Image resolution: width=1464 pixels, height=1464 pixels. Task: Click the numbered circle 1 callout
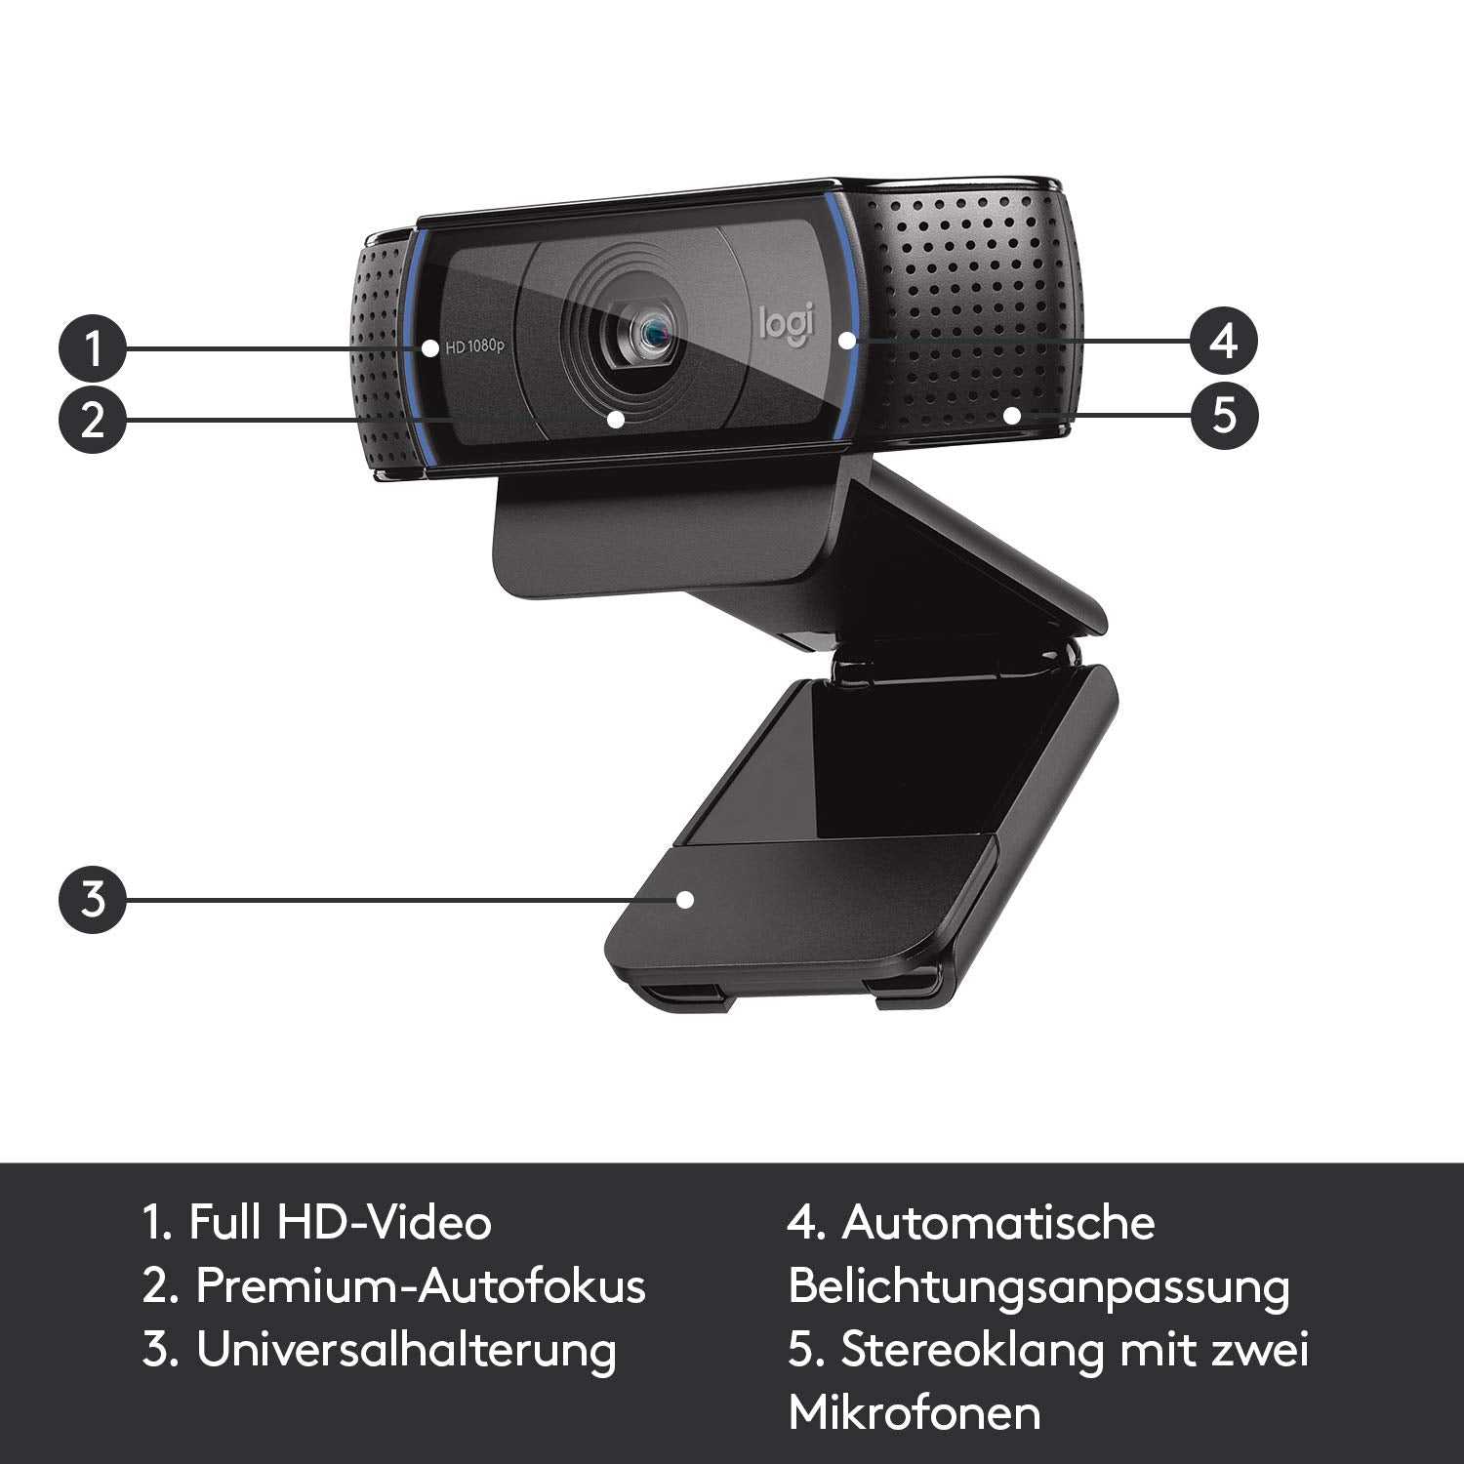[x=93, y=348]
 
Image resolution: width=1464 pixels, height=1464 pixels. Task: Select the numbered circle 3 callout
[x=93, y=898]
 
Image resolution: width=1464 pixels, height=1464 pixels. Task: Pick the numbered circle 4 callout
[x=1224, y=342]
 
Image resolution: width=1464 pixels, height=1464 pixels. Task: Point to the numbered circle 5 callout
[x=1224, y=414]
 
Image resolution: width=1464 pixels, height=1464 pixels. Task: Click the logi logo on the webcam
[x=786, y=324]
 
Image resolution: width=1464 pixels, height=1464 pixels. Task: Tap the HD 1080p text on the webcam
[x=473, y=346]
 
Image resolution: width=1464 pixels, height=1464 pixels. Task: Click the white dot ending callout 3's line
[x=686, y=899]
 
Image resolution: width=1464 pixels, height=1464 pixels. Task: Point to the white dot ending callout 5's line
[x=1012, y=415]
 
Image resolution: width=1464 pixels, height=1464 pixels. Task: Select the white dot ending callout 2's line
[x=616, y=420]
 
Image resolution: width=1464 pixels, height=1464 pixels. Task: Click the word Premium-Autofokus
[x=421, y=1286]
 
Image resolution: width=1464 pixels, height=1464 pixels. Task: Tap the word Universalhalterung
[x=406, y=1351]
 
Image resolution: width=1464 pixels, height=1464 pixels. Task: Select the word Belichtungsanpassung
[x=1038, y=1288]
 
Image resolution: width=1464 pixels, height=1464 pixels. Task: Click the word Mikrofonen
[x=915, y=1413]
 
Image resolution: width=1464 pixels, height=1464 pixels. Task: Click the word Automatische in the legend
[x=997, y=1223]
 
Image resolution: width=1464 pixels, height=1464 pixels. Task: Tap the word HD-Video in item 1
[x=385, y=1223]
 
